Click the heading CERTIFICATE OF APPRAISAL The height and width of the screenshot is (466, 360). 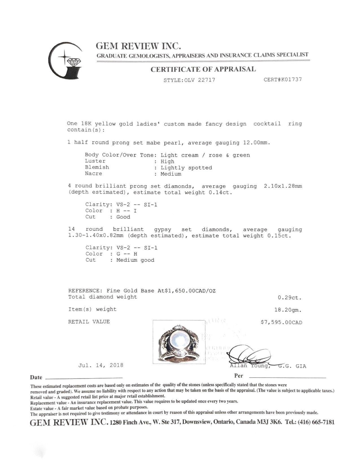pos(203,69)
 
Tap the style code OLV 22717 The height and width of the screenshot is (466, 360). pos(200,80)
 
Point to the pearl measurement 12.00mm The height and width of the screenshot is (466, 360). pos(256,143)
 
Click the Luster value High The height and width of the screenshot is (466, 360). pos(167,162)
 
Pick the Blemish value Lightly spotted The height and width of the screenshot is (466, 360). pos(186,168)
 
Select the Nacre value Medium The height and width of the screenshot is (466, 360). pos(171,174)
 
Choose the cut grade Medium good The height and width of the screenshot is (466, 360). pos(135,260)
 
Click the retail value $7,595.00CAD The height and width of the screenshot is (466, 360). pos(282,322)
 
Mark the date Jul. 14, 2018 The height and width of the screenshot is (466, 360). pos(101,365)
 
